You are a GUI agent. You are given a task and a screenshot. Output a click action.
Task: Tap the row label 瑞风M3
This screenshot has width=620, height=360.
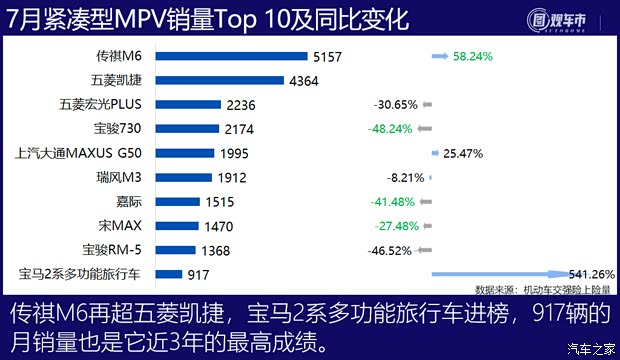121,177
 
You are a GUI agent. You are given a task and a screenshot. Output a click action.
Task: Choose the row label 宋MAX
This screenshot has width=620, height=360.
124,225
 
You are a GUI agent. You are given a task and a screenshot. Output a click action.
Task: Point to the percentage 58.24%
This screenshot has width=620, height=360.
473,57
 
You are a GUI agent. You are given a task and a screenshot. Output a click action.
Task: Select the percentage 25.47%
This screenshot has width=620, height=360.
463,153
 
